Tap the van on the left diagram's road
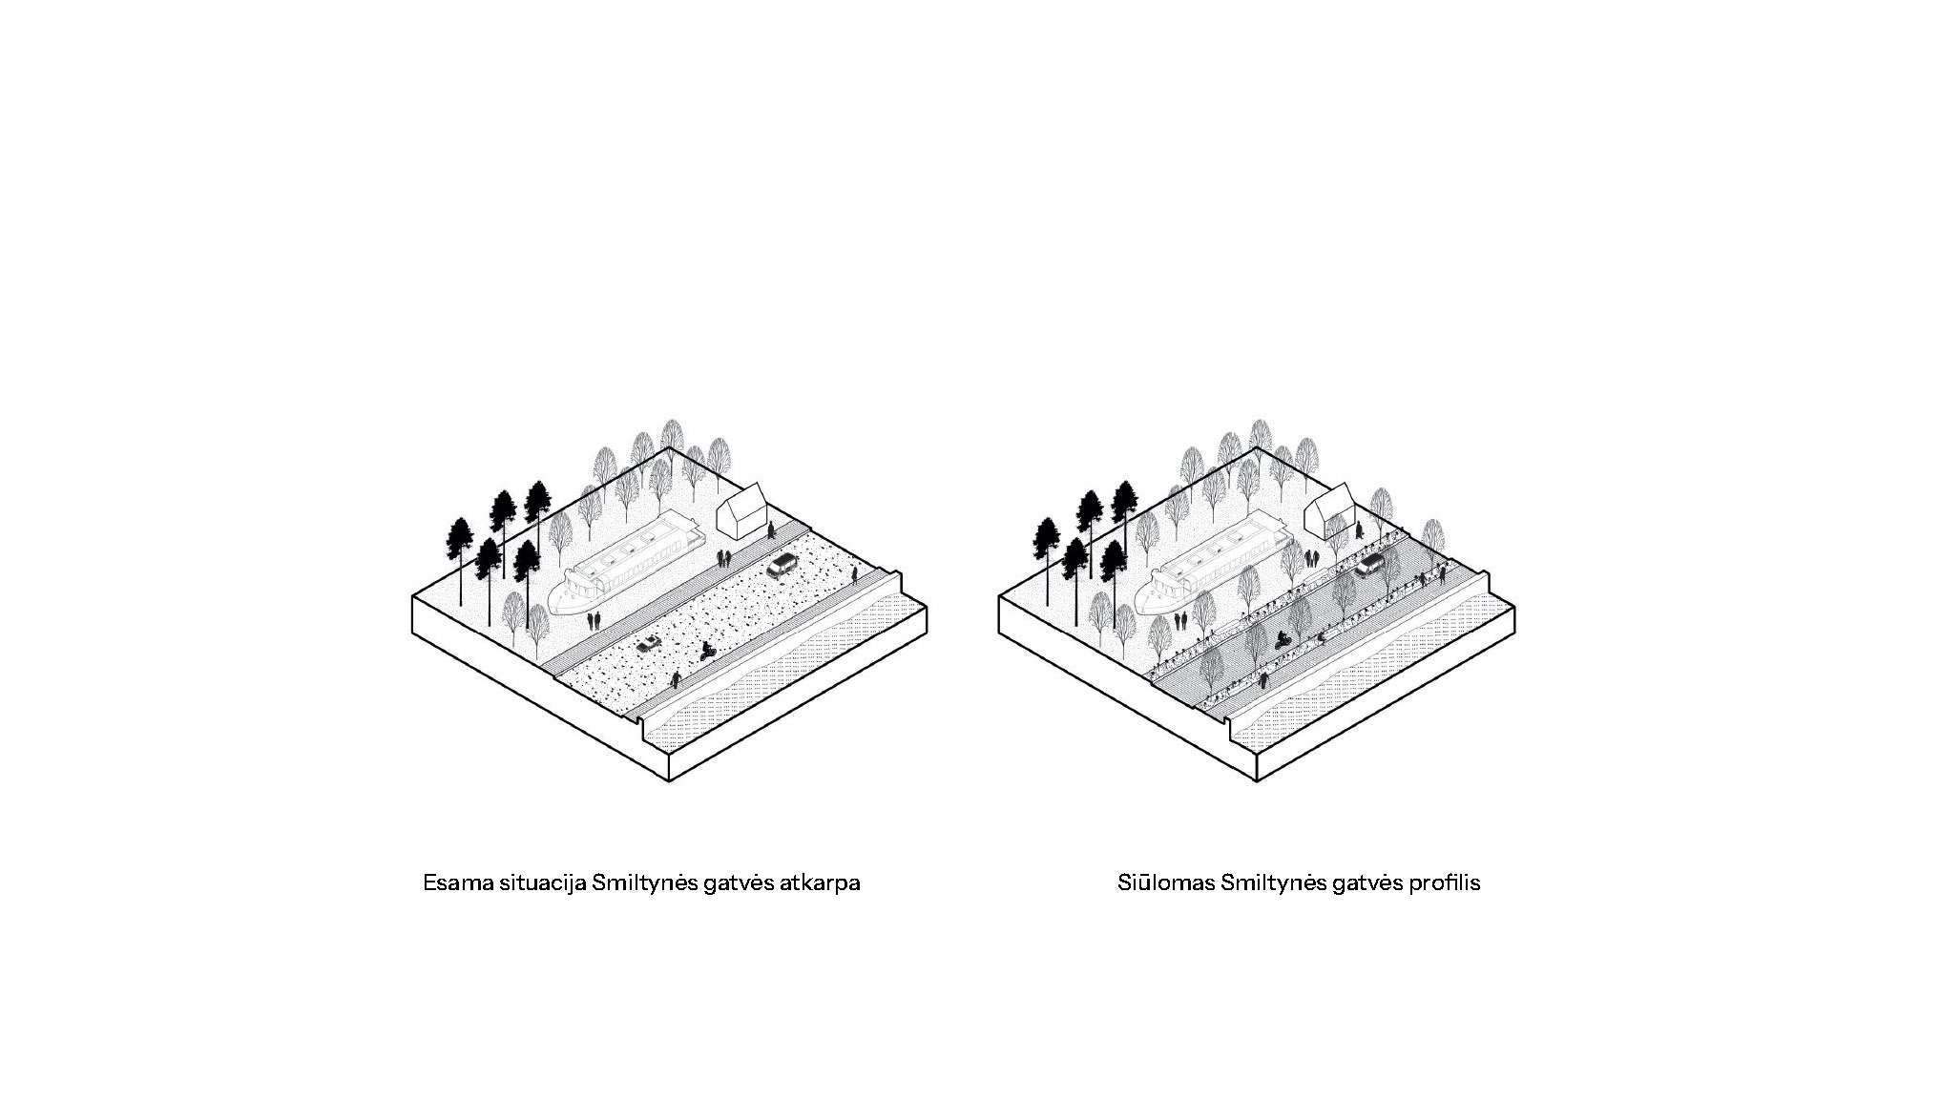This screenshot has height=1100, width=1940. point(782,565)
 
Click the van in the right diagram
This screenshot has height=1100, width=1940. point(1369,565)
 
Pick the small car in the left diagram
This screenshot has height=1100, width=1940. point(649,644)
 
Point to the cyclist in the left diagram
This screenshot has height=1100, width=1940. point(708,652)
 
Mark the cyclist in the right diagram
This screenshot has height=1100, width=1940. point(1283,639)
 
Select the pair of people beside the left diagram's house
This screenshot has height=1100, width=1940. point(724,557)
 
